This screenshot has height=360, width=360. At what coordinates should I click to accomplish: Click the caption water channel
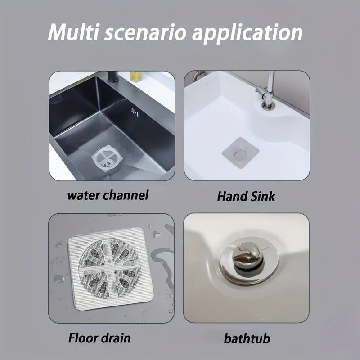coord(108,196)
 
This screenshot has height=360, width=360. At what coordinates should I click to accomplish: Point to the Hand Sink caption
coord(246,196)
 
